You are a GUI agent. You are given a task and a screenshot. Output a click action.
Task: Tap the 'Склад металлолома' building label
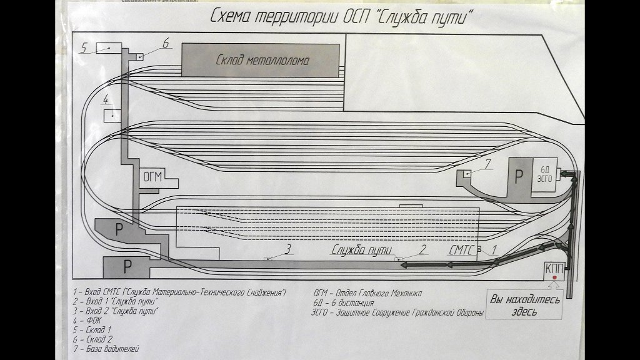point(263,60)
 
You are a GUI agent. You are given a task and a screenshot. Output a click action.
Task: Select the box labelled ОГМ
point(153,176)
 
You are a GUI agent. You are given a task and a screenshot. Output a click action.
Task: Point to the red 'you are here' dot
point(554,294)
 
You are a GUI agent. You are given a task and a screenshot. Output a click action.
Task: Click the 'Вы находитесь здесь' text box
point(523,305)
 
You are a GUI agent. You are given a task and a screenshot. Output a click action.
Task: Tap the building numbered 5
point(109,47)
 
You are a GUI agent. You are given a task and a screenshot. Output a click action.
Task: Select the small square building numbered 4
point(112,115)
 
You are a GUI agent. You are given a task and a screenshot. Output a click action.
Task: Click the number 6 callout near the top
point(166,43)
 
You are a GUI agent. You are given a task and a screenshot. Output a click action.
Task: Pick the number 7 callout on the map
point(489,165)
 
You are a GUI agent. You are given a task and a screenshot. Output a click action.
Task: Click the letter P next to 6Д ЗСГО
point(518,176)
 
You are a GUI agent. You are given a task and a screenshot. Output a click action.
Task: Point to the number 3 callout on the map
point(288,249)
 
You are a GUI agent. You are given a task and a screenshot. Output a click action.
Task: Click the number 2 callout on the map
point(422,249)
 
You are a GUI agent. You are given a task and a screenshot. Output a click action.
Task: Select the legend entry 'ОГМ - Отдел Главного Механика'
point(367,292)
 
